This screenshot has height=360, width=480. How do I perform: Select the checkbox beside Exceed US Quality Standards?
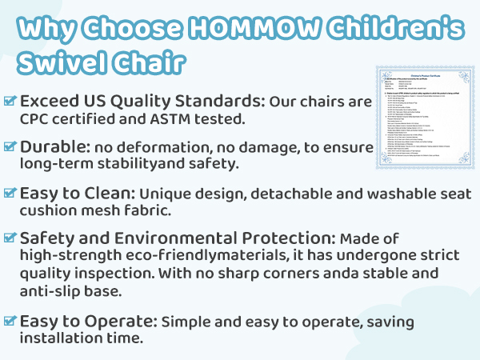point(10,102)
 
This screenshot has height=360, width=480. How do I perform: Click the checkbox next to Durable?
point(10,147)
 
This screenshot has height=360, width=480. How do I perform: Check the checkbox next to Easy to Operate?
point(10,321)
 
